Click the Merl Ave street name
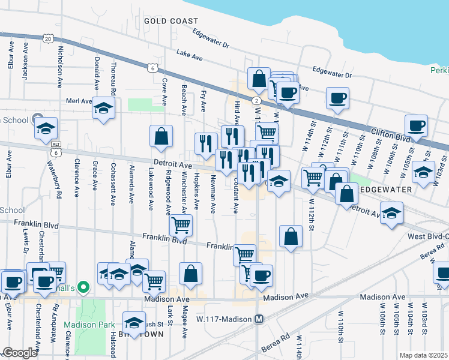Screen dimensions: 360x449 (x=79, y=101)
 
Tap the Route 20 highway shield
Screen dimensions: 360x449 (x=48, y=38)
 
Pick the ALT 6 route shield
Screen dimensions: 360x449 (x=56, y=149)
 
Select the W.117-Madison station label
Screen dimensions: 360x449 (x=226, y=319)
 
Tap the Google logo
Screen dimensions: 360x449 (x=20, y=352)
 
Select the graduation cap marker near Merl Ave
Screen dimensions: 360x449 (x=103, y=108)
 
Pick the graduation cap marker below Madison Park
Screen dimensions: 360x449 (x=134, y=322)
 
